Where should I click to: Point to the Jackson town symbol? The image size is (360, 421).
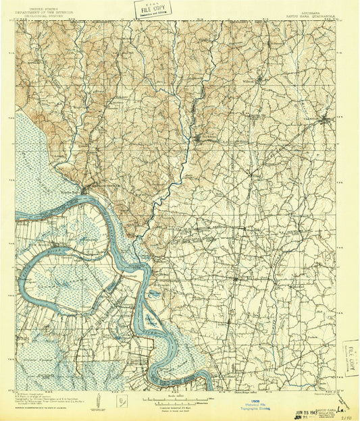pyautogui.click(x=198, y=139)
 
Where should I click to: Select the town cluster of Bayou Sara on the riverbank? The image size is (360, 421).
pyautogui.click(x=84, y=190)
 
